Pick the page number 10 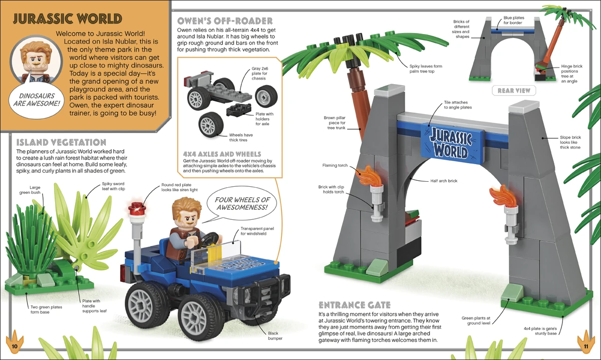14,346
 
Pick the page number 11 585,346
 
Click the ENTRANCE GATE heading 354,304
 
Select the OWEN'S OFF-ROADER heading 225,21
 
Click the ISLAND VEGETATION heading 61,142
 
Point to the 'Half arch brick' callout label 444,181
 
